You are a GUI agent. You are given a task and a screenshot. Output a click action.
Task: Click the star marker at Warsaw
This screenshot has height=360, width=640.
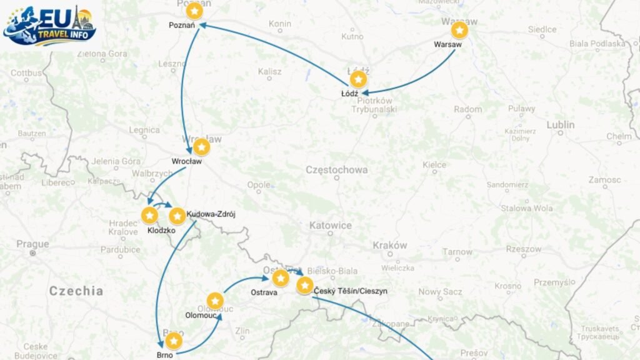tap(459, 30)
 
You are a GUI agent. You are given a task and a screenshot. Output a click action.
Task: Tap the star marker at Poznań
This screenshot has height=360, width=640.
tap(195, 11)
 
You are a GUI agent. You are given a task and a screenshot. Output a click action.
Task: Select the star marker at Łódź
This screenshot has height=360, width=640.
tap(358, 79)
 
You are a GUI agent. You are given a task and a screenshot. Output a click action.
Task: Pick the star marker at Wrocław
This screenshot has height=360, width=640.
tap(201, 147)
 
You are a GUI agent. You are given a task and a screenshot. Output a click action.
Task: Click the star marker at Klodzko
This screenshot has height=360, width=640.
tap(149, 216)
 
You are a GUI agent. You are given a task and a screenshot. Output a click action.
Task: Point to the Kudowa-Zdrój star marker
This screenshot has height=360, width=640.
tap(177, 216)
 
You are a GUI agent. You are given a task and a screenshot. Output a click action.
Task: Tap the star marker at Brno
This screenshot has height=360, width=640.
tap(174, 341)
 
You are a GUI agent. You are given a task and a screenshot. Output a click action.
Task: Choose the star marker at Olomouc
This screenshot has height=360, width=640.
tap(215, 301)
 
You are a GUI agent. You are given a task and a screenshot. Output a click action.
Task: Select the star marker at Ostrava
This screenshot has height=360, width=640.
tap(281, 277)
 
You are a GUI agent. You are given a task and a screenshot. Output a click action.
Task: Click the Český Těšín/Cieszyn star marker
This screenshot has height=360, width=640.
tap(305, 285)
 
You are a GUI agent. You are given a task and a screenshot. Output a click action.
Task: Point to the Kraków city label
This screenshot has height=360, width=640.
tap(389, 246)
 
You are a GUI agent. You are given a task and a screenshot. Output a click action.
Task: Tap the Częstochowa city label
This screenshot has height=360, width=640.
tap(336, 170)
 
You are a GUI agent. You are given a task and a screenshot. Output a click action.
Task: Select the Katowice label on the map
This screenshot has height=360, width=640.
tap(330, 226)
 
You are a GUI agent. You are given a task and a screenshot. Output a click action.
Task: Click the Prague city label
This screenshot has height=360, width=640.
tap(32, 244)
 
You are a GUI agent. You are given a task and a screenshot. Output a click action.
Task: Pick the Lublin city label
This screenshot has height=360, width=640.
tap(560, 125)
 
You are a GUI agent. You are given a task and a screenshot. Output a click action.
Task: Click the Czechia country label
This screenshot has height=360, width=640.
tap(76, 291)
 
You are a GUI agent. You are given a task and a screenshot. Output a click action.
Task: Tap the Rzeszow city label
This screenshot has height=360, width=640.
tap(524, 249)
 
